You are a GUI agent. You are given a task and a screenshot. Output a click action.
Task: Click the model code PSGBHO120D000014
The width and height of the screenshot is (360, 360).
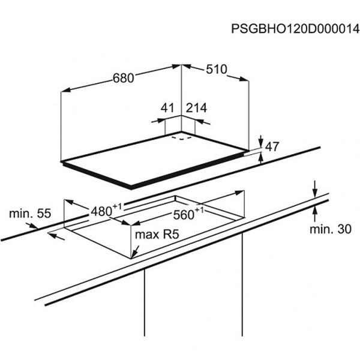[x=295, y=29]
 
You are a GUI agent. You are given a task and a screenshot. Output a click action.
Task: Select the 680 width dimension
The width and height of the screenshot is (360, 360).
[x=123, y=78]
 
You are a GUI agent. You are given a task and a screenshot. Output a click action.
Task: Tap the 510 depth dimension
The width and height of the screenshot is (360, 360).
[x=217, y=69]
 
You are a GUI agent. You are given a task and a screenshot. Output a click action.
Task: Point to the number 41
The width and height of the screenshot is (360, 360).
[x=167, y=107]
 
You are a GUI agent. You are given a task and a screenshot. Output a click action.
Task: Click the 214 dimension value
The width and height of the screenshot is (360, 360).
[x=196, y=107]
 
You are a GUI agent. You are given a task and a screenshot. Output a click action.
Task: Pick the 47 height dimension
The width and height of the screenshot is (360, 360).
[x=272, y=146]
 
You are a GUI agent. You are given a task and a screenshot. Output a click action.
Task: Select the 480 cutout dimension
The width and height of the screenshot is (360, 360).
[x=101, y=211]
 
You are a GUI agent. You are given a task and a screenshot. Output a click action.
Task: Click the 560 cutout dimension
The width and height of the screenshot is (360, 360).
[x=184, y=215]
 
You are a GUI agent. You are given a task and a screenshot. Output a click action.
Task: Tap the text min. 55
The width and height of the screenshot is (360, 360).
[x=30, y=213]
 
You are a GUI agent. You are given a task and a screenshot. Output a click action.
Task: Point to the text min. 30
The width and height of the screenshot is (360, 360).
[x=331, y=229]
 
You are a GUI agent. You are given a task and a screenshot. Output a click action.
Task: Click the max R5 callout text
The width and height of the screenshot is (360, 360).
[x=157, y=235]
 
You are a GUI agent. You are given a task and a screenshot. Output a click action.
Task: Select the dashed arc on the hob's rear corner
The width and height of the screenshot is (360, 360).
[x=181, y=138]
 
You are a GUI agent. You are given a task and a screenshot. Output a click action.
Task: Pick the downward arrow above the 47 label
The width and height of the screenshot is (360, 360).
[x=261, y=141]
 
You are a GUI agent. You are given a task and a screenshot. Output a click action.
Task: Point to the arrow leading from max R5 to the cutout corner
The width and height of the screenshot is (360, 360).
[x=135, y=252]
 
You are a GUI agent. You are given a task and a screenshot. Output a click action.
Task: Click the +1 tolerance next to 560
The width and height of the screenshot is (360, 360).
[x=199, y=210]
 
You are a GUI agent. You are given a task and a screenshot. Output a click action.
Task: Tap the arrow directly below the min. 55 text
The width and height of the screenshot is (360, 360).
[x=32, y=226]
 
